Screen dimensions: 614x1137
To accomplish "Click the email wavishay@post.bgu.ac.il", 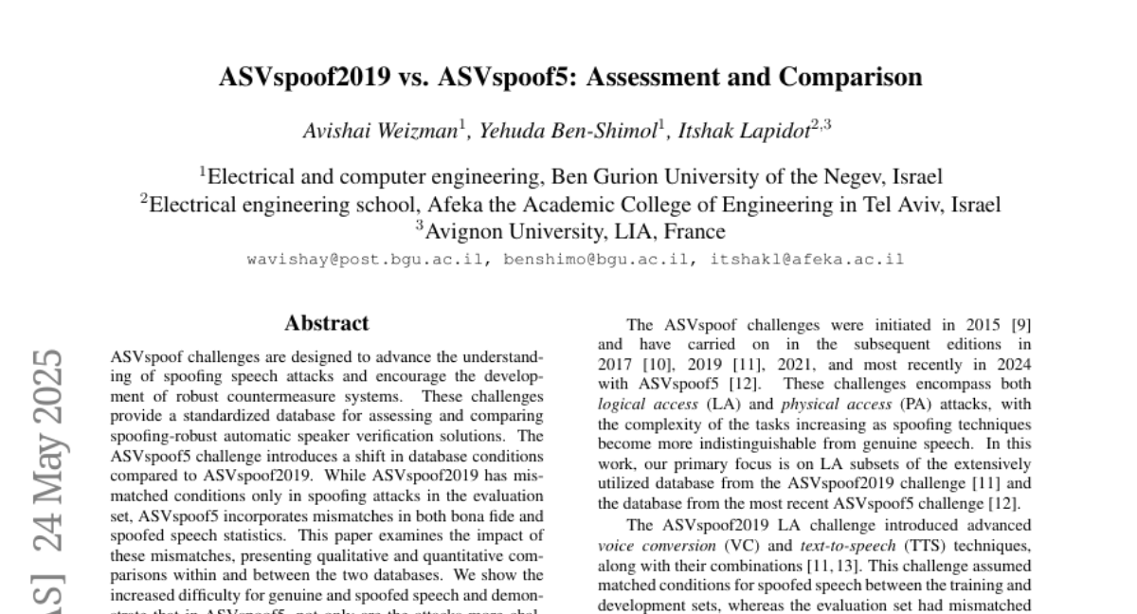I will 368,259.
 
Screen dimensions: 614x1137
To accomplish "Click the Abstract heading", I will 327,324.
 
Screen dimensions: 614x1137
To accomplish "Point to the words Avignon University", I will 510,230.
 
